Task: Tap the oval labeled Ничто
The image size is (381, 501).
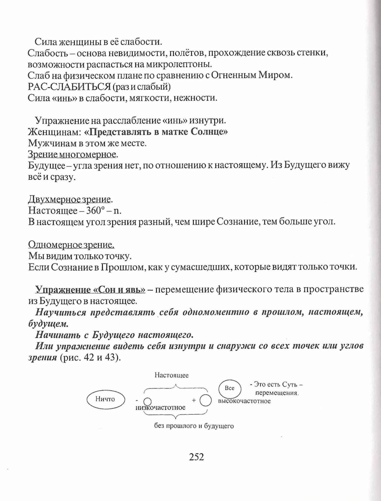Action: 105,399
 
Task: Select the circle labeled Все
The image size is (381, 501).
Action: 230,388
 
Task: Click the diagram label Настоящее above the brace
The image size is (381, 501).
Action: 171,375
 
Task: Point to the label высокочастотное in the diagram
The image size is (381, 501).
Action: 244,401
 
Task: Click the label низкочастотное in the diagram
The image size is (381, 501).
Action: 161,408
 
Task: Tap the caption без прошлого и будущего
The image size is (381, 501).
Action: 194,426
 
